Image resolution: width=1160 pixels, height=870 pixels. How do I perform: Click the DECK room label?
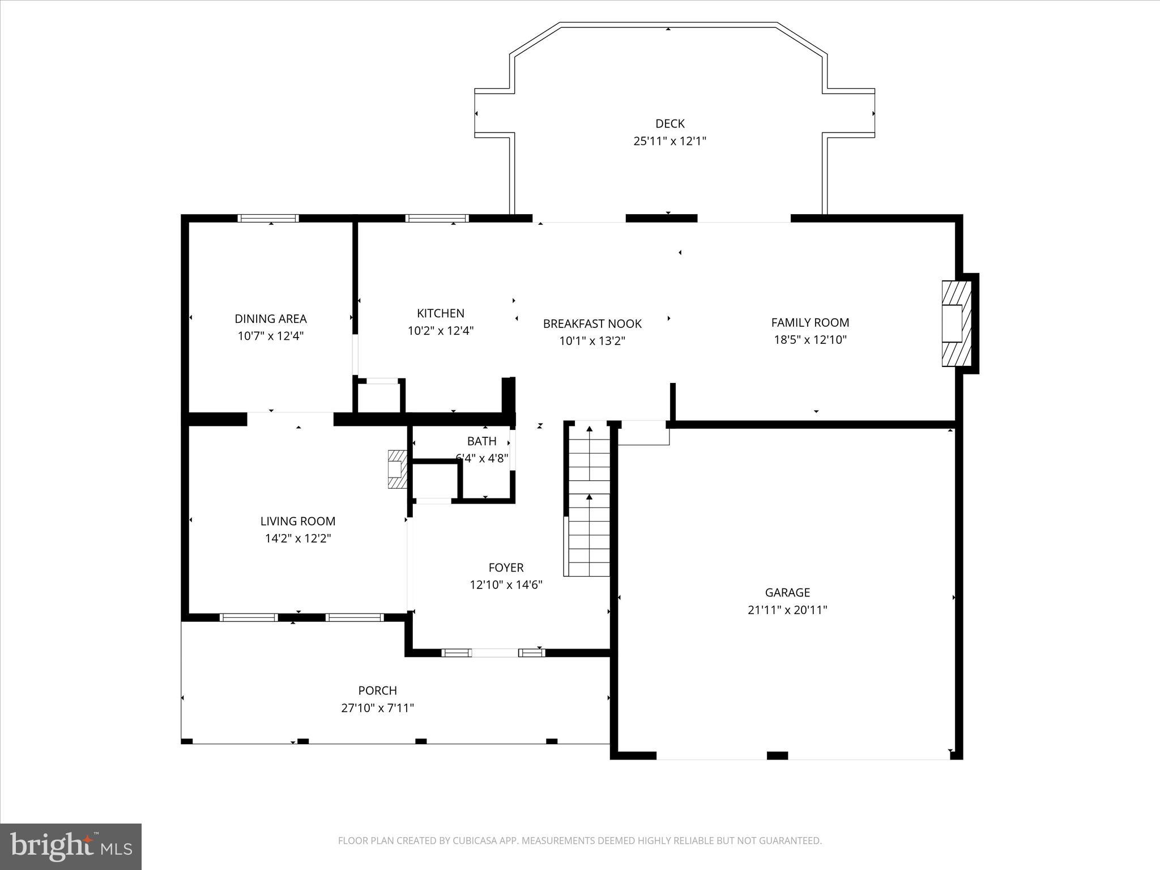(669, 123)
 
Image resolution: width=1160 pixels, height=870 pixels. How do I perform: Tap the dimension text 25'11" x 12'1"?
(669, 141)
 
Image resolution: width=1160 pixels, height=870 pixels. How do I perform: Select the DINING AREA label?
(271, 319)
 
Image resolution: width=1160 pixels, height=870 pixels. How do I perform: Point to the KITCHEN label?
(441, 313)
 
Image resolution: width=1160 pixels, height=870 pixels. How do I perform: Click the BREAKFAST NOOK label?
(592, 323)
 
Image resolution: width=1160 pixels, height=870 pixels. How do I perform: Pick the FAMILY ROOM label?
(810, 322)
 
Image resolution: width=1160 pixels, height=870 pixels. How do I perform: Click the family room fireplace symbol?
(956, 323)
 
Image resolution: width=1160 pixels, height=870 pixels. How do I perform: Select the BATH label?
(482, 441)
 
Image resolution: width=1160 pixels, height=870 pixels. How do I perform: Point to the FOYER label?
(506, 567)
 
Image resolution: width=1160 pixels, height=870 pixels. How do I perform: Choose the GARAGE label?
(787, 592)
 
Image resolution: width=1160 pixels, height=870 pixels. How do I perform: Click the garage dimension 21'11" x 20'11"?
(787, 610)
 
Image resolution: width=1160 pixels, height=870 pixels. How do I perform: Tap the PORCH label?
(377, 690)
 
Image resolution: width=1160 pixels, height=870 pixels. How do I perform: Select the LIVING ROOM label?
(298, 521)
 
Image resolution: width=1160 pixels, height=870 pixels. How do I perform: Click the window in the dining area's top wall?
(268, 218)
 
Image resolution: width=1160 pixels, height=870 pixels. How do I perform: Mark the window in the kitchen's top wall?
(437, 218)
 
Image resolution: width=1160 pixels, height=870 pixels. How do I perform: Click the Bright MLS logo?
(71, 846)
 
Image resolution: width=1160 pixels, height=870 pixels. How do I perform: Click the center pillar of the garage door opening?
(777, 755)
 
